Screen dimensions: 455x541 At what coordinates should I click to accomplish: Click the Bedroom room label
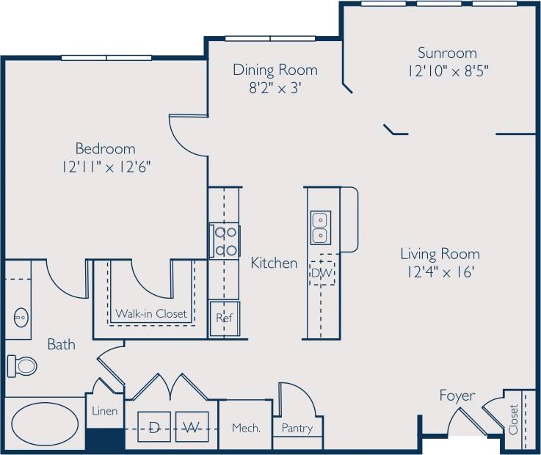point(105,148)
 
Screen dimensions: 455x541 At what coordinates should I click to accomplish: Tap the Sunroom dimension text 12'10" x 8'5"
point(447,71)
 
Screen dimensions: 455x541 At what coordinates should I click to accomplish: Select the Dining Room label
point(275,70)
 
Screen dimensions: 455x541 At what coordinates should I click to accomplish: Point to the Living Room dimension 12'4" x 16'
point(440,272)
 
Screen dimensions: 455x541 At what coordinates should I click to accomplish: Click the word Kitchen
point(274,263)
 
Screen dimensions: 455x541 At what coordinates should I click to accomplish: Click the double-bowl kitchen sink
point(320,227)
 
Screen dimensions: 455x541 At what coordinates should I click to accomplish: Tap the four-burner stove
point(225,241)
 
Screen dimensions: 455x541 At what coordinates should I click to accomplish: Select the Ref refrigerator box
point(224,318)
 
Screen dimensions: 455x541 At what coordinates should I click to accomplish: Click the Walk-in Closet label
point(150,314)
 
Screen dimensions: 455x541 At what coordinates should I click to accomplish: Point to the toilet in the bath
point(22,364)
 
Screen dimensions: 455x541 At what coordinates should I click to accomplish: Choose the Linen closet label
point(104,411)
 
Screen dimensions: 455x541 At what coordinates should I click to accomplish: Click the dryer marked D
point(155,426)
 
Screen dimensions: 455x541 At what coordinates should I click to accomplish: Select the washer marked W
point(192,426)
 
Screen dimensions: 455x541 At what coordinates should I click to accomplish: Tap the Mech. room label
point(246,428)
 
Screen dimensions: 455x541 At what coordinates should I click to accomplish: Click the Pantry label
point(297,428)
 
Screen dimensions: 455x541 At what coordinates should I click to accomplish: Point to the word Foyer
point(457,396)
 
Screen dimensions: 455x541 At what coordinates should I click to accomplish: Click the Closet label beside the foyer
point(513,419)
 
